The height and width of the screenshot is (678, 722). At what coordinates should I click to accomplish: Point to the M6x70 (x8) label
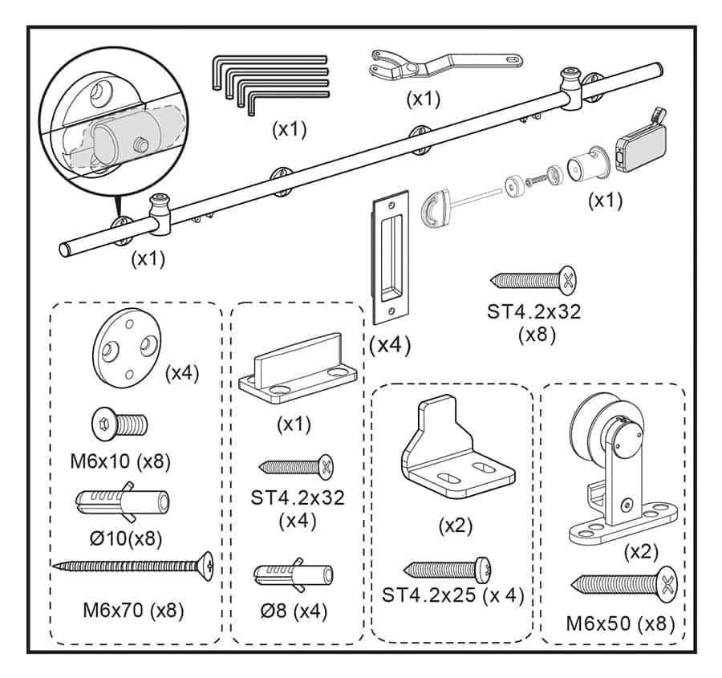tap(133, 610)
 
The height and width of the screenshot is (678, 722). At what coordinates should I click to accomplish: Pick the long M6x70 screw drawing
tap(133, 566)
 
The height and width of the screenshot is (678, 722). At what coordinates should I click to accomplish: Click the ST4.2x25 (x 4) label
tap(452, 595)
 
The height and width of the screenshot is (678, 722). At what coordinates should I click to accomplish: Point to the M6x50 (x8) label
tap(620, 623)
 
